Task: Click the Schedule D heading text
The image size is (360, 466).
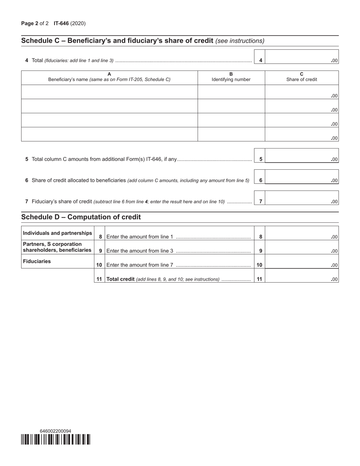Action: pos(81,217)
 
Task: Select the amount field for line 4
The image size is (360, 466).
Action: pos(301,56)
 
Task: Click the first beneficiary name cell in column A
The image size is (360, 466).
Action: pos(109,92)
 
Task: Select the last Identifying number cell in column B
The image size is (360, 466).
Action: pos(231,134)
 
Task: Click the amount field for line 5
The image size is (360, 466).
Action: pos(301,155)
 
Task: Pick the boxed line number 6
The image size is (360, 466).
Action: pos(261,180)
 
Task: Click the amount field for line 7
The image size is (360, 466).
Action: pos(301,198)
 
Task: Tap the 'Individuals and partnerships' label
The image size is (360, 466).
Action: pos(57,233)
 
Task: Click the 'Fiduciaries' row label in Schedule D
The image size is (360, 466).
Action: pos(37,261)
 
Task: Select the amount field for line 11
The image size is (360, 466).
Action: pos(301,276)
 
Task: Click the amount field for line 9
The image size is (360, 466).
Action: pos(301,247)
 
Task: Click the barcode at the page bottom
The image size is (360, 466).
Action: pos(56,439)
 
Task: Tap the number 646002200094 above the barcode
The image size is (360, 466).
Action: pos(55,431)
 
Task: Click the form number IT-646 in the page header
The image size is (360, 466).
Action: pos(61,23)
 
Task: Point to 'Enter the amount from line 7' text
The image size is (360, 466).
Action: pos(140,265)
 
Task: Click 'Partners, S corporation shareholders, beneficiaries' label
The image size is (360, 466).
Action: pos(57,247)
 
